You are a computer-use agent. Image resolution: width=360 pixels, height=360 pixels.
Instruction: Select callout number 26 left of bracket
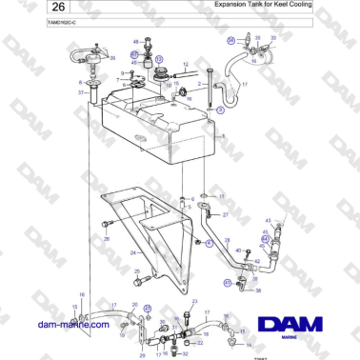[x=107, y=238]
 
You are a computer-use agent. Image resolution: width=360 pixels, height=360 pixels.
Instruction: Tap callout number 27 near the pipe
[x=225, y=215]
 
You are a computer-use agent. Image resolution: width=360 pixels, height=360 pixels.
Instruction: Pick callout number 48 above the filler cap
[x=136, y=42]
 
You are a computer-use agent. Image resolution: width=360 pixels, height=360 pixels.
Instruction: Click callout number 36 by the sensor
[x=112, y=59]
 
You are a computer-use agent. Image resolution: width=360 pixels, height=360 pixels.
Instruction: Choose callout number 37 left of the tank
[x=81, y=93]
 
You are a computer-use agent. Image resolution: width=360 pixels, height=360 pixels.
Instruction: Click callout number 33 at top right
[x=273, y=39]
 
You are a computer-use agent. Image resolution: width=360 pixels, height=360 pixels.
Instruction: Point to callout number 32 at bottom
[x=185, y=353]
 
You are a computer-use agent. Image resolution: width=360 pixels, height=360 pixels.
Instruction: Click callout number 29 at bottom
[x=142, y=353]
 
